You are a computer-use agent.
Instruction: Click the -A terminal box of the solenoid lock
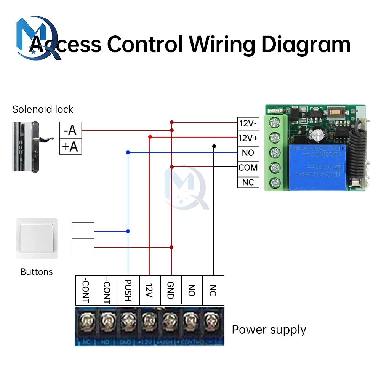pyautogui.click(x=70, y=131)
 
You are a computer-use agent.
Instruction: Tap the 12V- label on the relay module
pyautogui.click(x=248, y=123)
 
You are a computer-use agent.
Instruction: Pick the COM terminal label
pyautogui.click(x=248, y=168)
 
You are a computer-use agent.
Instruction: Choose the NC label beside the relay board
pyautogui.click(x=248, y=182)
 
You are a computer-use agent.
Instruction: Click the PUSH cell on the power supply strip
pyautogui.click(x=128, y=290)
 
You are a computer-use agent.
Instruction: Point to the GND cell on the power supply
pyautogui.click(x=171, y=290)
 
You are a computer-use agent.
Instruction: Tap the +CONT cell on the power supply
pyautogui.click(x=107, y=290)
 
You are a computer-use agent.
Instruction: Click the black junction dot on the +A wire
pyautogui.click(x=214, y=146)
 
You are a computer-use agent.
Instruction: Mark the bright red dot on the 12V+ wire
pyautogui.click(x=150, y=136)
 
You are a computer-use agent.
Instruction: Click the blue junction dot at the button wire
pyautogui.click(x=128, y=231)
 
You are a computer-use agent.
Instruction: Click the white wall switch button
pyautogui.click(x=37, y=238)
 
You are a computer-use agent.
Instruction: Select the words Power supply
pyautogui.click(x=269, y=330)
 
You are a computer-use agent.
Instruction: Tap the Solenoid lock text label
pyautogui.click(x=43, y=110)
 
